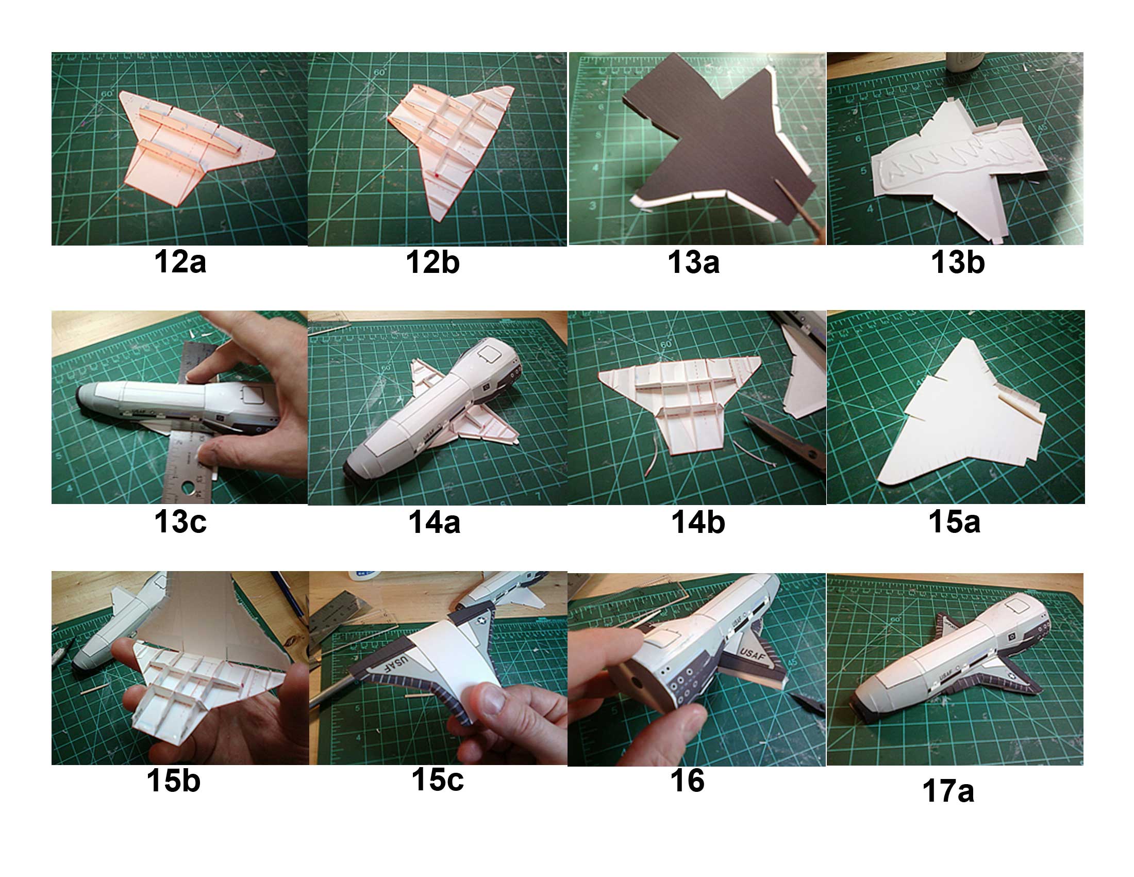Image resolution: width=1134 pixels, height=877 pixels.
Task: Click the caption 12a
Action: (180, 262)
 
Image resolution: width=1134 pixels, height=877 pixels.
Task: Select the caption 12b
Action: (432, 262)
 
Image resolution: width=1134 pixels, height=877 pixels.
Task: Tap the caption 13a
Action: (693, 262)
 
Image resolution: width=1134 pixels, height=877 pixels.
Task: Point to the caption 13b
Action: (958, 262)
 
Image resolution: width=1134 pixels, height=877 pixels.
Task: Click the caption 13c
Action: (180, 522)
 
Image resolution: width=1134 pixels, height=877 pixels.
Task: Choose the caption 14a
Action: (434, 522)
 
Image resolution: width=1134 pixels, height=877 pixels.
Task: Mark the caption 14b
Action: (698, 522)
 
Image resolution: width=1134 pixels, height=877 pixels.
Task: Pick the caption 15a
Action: (954, 522)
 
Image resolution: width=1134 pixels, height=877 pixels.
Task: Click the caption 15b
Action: (173, 781)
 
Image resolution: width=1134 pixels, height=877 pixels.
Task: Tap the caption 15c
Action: (437, 779)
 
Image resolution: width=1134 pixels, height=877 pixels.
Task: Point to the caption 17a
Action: (948, 791)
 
